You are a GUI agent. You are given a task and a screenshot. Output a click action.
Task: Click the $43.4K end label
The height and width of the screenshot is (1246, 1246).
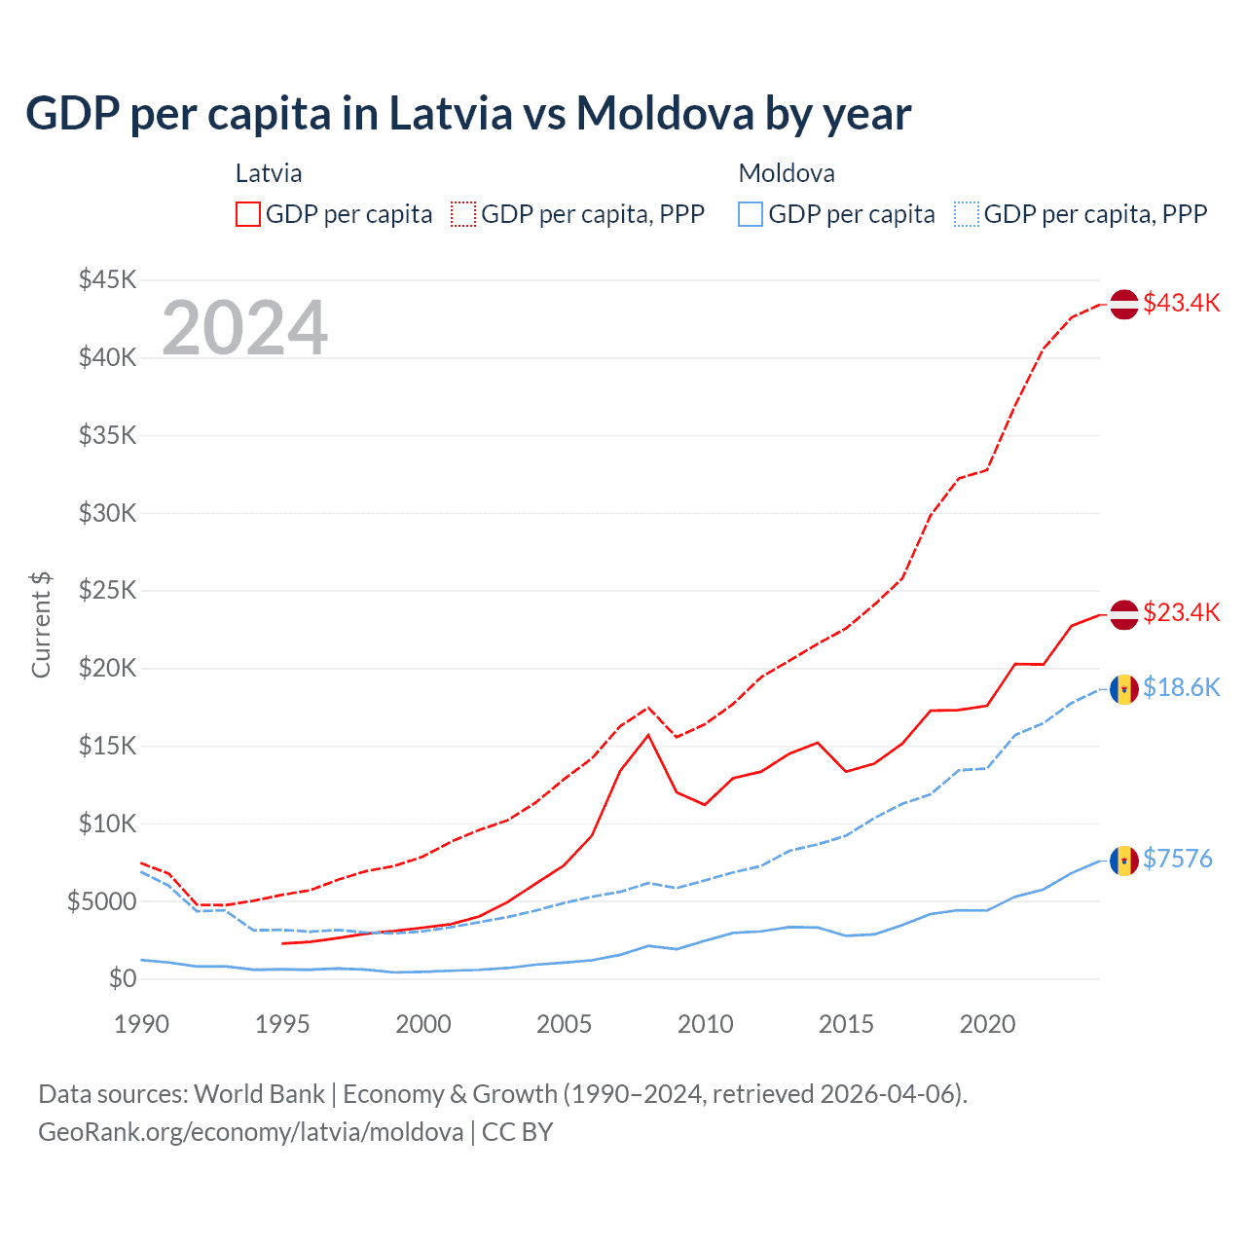point(1181,303)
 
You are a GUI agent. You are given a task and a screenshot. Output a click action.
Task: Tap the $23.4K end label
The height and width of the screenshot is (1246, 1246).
point(1181,612)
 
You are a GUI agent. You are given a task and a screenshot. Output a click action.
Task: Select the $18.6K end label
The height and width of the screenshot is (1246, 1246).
point(1181,687)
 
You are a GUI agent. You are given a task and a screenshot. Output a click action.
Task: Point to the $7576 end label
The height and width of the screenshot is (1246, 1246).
point(1177,859)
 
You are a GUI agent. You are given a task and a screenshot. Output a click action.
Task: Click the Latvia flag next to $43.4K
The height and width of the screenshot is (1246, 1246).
point(1124,304)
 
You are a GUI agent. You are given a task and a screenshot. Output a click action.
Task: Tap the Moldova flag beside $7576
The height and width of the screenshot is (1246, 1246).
point(1124,861)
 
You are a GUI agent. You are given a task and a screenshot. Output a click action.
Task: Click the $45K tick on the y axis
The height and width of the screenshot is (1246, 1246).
point(107,280)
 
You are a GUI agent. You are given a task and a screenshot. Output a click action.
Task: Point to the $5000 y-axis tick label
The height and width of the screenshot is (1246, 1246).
point(101,901)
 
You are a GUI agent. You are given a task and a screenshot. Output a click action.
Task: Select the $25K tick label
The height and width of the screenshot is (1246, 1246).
point(107,591)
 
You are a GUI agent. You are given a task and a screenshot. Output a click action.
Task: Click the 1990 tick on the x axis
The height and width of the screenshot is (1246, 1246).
point(141,1024)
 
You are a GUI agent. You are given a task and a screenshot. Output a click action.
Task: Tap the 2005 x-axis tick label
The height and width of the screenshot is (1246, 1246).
point(564,1024)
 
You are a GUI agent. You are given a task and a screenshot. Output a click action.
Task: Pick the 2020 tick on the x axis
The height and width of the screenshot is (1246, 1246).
point(987,1024)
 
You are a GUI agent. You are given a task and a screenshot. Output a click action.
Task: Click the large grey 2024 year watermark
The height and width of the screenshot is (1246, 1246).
point(244,328)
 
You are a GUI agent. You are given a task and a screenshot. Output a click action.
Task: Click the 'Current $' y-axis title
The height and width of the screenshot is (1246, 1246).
point(41,625)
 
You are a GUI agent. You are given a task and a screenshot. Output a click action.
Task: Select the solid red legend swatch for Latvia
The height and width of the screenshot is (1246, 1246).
point(248,214)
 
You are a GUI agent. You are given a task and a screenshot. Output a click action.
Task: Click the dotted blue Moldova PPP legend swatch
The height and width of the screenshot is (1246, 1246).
point(967,214)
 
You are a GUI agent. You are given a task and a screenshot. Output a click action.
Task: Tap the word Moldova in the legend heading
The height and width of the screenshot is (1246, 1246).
point(787,173)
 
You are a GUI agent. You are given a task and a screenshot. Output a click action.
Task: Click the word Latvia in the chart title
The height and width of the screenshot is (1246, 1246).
point(451,113)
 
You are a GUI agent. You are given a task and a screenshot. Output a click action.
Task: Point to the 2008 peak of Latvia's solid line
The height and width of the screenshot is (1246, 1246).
point(648,735)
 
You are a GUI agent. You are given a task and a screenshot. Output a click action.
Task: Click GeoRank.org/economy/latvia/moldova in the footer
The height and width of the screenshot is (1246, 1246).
point(251,1132)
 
